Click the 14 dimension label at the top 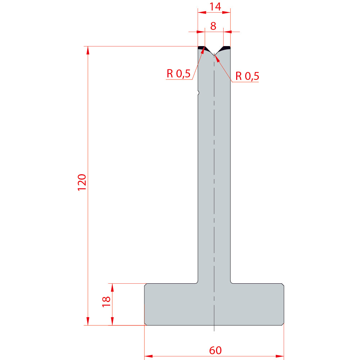215,6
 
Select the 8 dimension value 213,26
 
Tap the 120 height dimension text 82,182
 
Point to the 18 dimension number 106,302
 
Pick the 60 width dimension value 215,350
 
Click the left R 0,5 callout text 179,74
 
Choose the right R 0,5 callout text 247,76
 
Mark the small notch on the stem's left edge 198,93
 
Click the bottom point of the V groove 214,55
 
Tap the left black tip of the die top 202,48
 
